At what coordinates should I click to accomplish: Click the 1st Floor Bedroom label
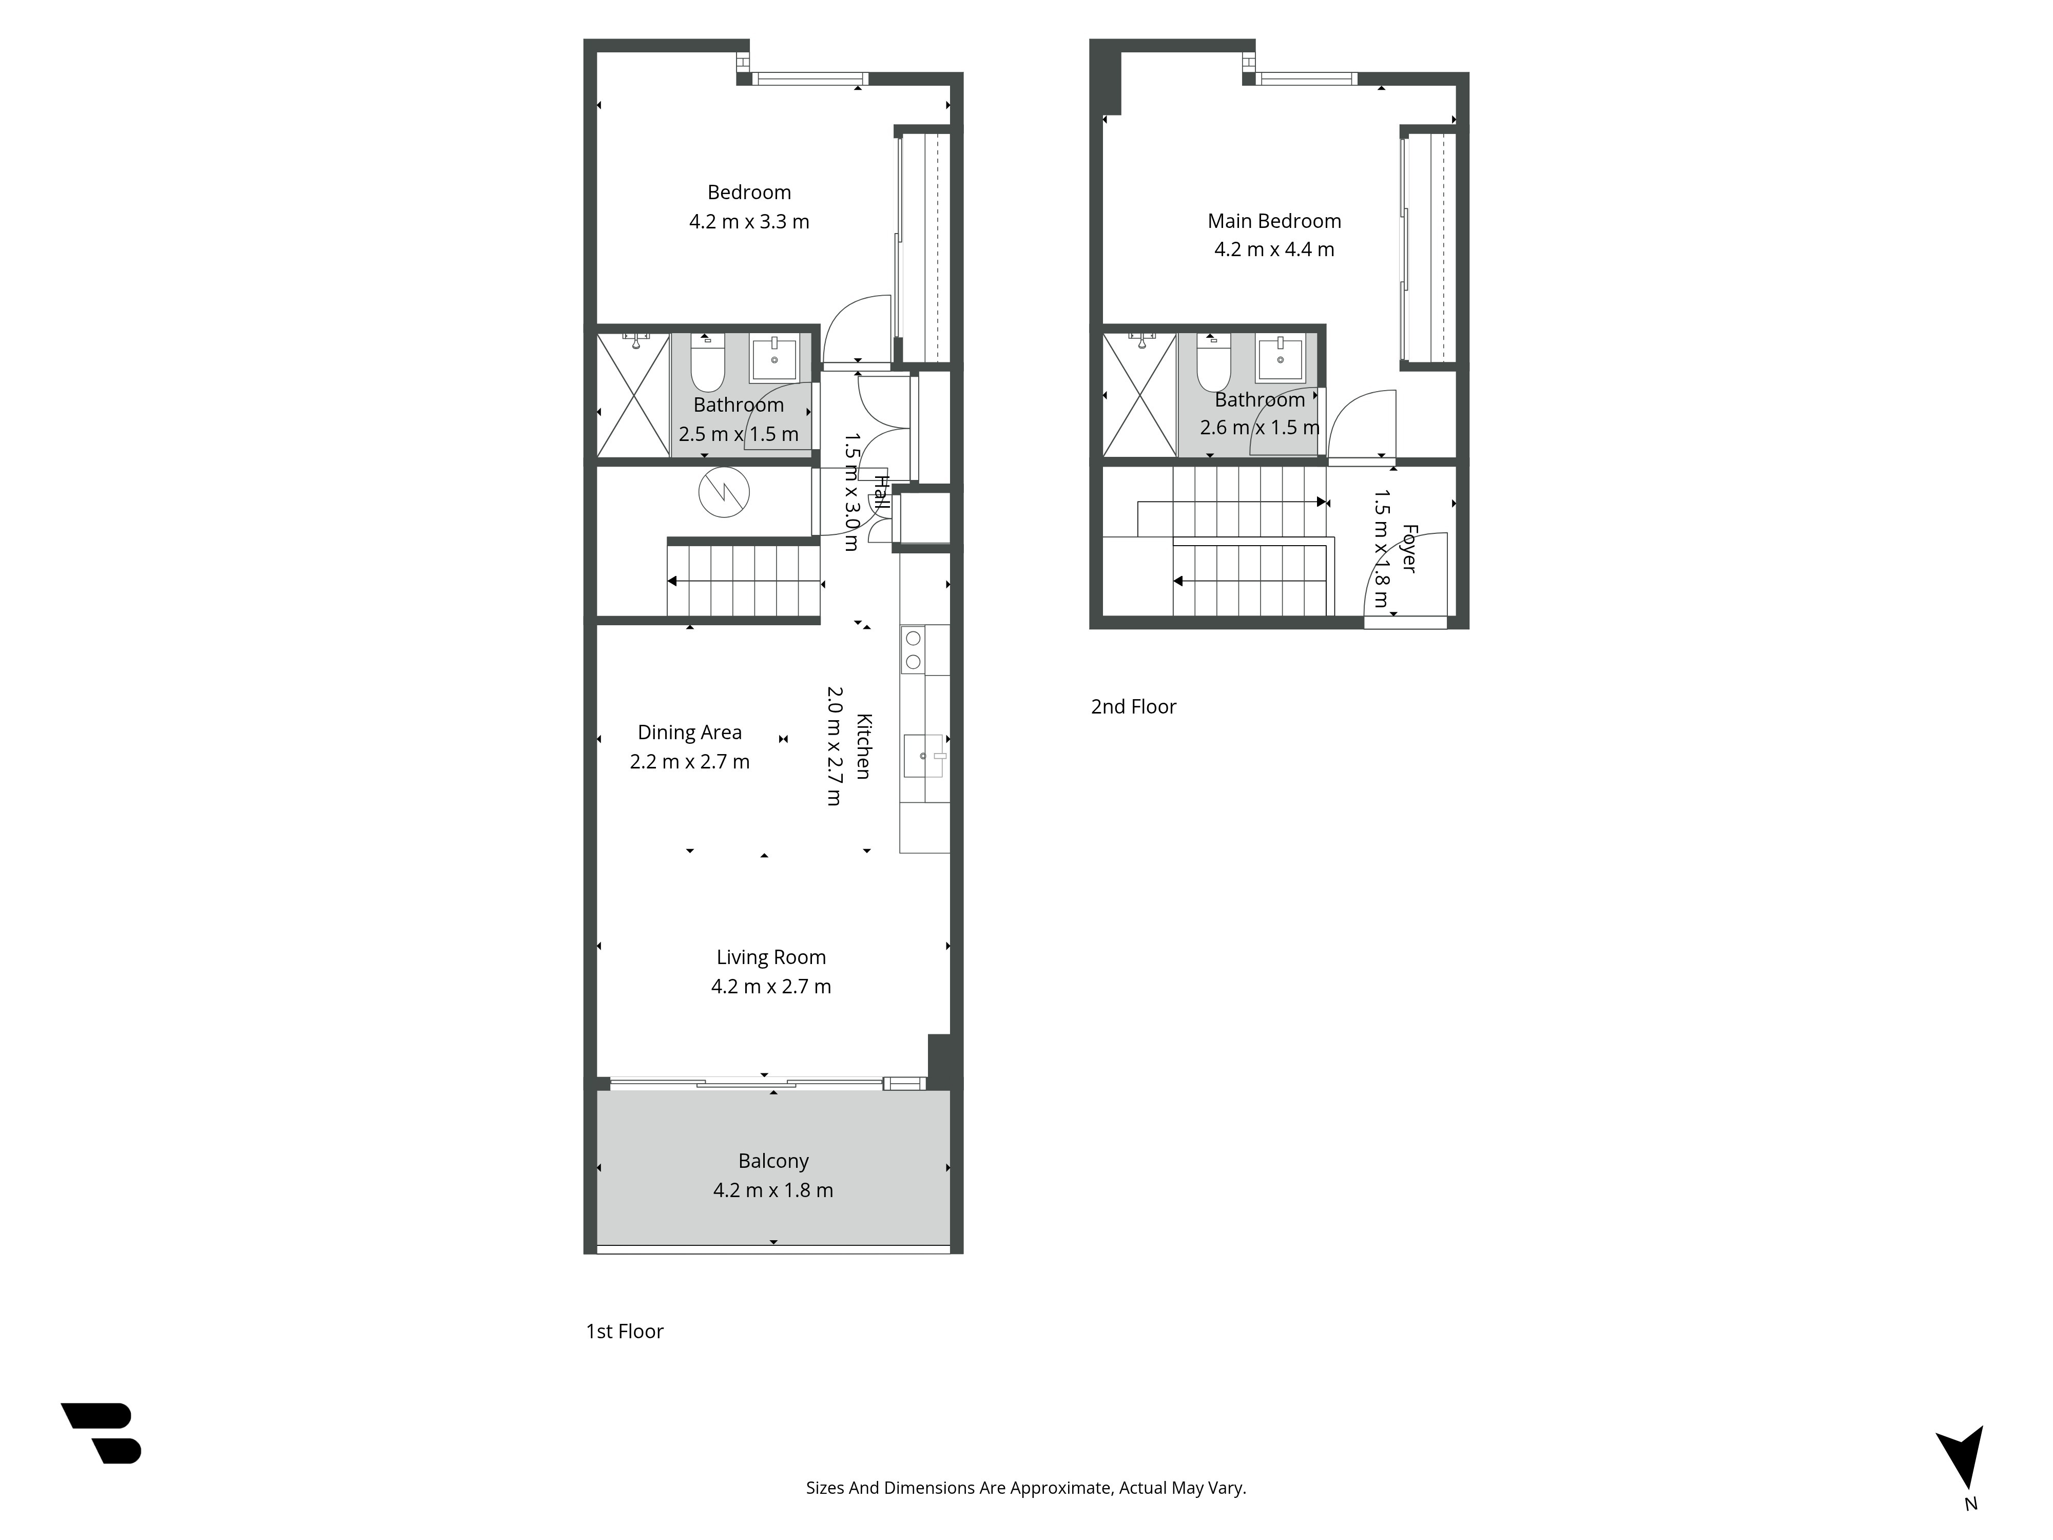749,192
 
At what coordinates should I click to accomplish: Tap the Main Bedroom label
1274,221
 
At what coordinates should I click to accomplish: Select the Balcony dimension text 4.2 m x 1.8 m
773,1190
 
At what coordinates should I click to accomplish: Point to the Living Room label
771,957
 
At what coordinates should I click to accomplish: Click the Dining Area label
690,733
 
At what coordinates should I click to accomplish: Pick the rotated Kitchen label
863,746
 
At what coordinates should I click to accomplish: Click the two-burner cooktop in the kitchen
913,650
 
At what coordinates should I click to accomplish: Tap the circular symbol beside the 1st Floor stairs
724,492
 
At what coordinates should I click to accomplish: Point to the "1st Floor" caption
625,1331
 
